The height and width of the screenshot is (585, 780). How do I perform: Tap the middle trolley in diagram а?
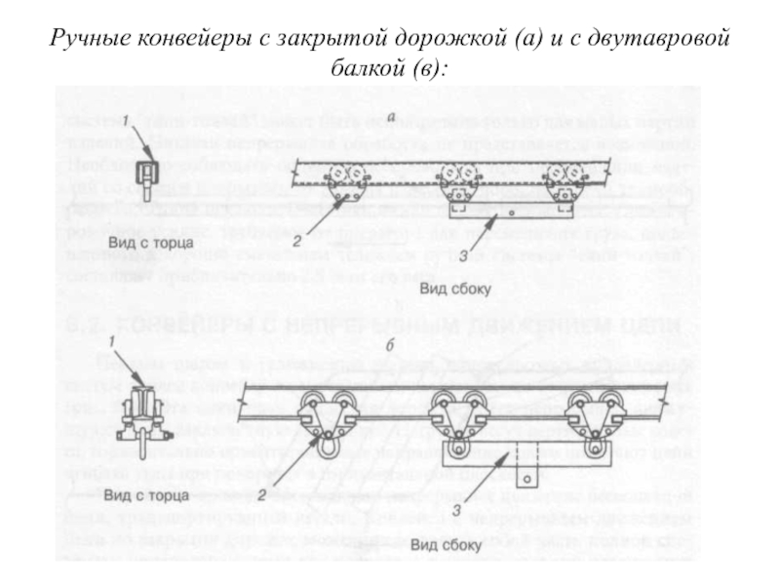click(x=455, y=181)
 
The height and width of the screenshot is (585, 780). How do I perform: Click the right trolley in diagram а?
click(x=565, y=181)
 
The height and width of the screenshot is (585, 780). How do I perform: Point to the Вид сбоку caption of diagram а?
click(x=455, y=291)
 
